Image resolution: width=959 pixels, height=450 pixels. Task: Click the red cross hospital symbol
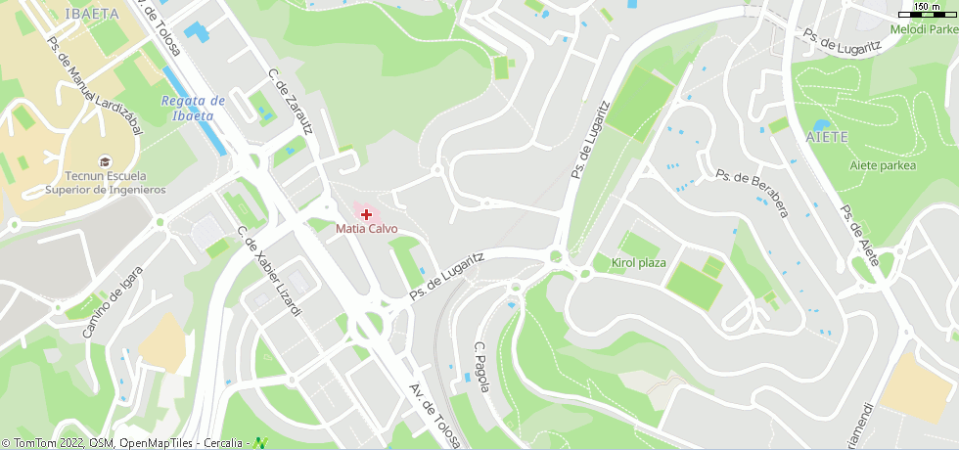(x=366, y=213)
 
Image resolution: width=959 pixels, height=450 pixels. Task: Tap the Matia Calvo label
(x=367, y=229)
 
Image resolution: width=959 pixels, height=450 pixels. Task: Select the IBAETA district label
(x=91, y=13)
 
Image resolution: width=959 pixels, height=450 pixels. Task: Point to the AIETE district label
(x=829, y=136)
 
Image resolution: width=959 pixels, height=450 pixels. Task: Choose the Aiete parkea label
(x=883, y=165)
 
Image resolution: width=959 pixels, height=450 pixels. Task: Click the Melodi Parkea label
(x=924, y=29)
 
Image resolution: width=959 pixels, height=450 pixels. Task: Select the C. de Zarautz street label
(x=290, y=102)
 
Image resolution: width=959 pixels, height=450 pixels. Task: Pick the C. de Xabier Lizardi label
(x=270, y=271)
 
